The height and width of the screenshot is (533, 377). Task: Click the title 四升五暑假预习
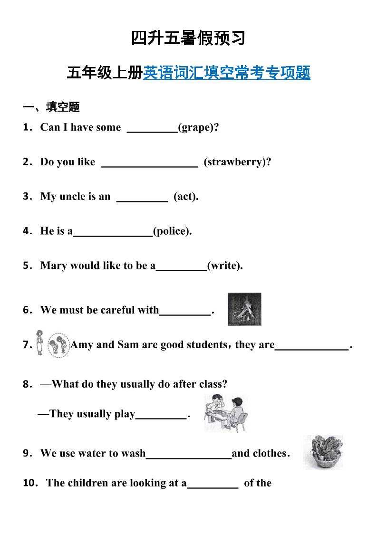point(188,38)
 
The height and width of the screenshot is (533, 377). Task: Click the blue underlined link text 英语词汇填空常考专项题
point(226,73)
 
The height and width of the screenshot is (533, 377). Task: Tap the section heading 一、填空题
point(51,107)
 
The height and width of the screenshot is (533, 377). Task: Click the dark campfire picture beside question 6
point(244,309)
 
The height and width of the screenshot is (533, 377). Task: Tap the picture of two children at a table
point(226,412)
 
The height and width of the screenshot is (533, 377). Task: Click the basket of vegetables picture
point(323,452)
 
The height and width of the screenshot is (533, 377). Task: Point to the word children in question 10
point(88,483)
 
